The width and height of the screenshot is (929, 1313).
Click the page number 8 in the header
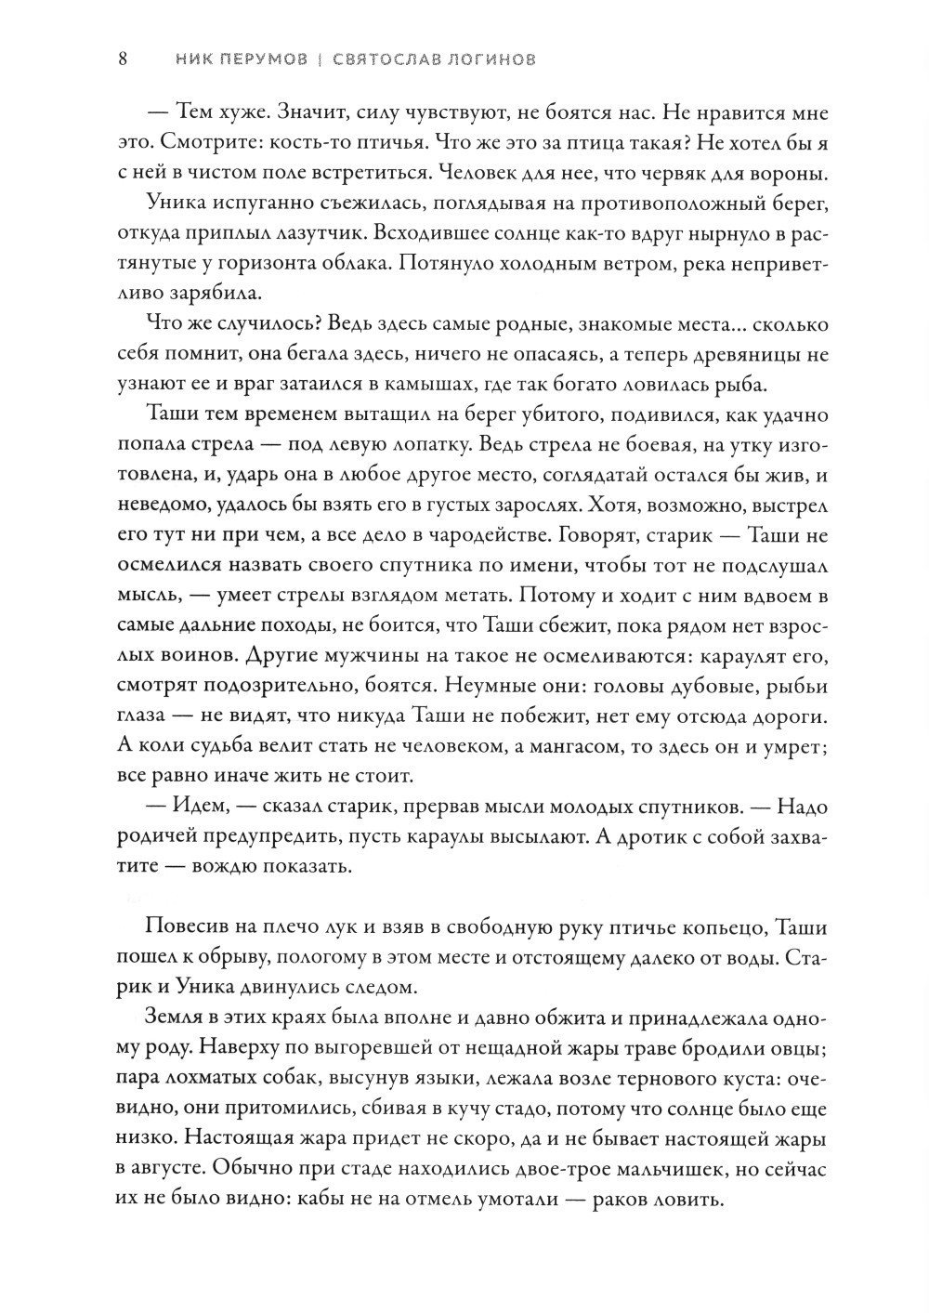point(123,60)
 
